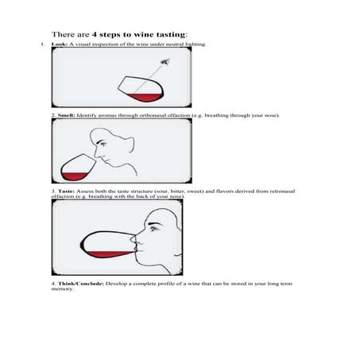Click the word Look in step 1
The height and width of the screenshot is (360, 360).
click(x=56, y=45)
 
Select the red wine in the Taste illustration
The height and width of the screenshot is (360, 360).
click(x=108, y=254)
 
